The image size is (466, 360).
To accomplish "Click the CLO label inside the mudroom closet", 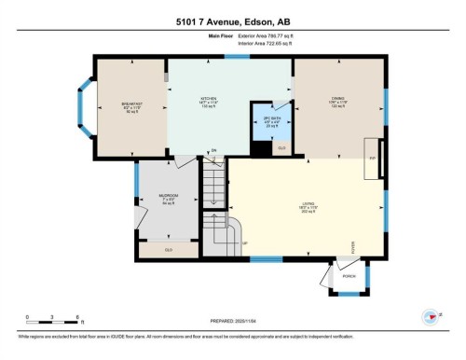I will pyautogui.click(x=169, y=249).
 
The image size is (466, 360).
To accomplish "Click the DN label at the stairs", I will pyautogui.click(x=212, y=150).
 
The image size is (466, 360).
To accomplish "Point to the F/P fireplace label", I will pyautogui.click(x=372, y=159).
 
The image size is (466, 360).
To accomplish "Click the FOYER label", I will pyautogui.click(x=353, y=246).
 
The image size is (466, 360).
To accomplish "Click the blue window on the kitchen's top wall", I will pyautogui.click(x=237, y=59).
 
